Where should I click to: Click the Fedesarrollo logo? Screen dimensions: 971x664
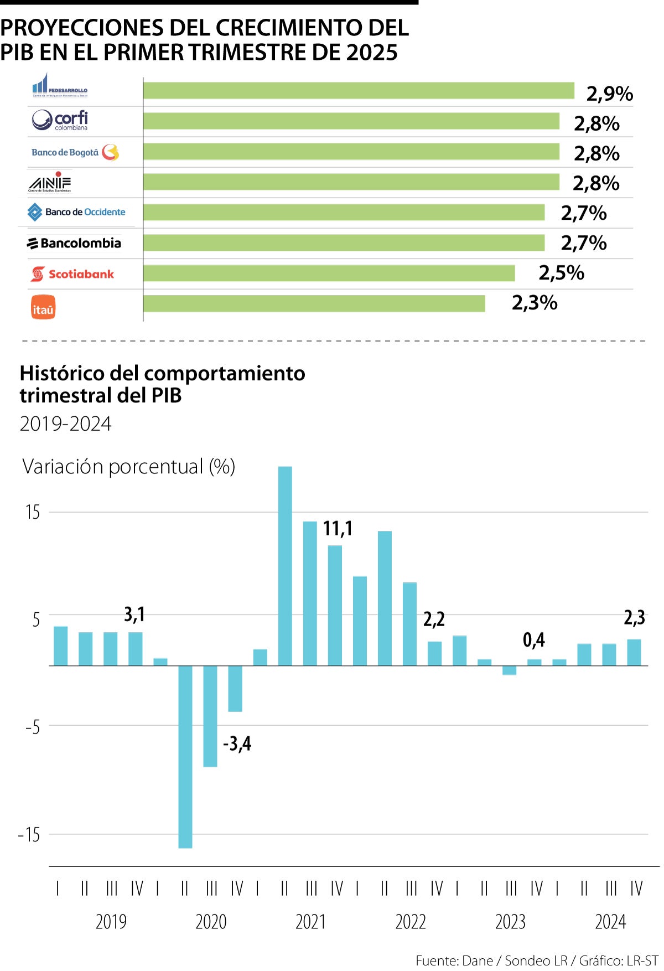(x=60, y=86)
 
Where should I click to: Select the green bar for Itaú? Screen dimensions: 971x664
(x=314, y=303)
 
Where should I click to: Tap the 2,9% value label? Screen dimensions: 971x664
(x=609, y=94)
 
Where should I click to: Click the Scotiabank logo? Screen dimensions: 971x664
(x=72, y=274)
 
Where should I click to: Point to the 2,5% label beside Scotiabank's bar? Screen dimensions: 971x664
(x=561, y=273)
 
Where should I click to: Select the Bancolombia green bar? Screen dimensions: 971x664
(x=344, y=243)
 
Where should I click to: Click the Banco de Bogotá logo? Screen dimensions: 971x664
(x=75, y=152)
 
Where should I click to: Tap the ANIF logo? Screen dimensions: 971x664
(x=50, y=182)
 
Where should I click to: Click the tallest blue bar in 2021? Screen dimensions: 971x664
(x=285, y=565)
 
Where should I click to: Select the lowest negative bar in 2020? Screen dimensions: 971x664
(x=185, y=756)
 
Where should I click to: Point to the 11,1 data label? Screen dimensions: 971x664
(x=338, y=529)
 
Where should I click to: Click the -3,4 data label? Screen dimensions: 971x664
(x=237, y=743)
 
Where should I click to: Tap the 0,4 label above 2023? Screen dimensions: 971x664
(x=533, y=641)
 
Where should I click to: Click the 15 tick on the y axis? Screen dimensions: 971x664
(x=33, y=513)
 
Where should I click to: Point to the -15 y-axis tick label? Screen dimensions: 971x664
(x=29, y=834)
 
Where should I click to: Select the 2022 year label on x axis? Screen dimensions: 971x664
(x=411, y=922)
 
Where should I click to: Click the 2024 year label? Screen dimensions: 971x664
(x=610, y=922)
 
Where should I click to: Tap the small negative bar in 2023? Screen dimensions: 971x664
(x=510, y=670)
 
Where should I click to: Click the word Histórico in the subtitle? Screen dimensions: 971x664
(x=63, y=374)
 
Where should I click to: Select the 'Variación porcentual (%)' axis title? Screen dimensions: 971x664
(x=128, y=467)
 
